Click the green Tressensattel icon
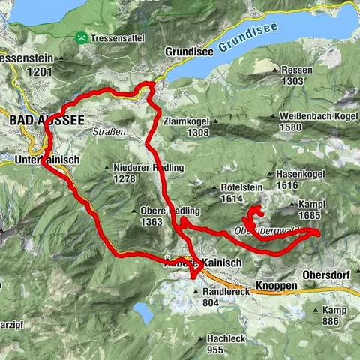[80, 37]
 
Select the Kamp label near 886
[334, 310]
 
